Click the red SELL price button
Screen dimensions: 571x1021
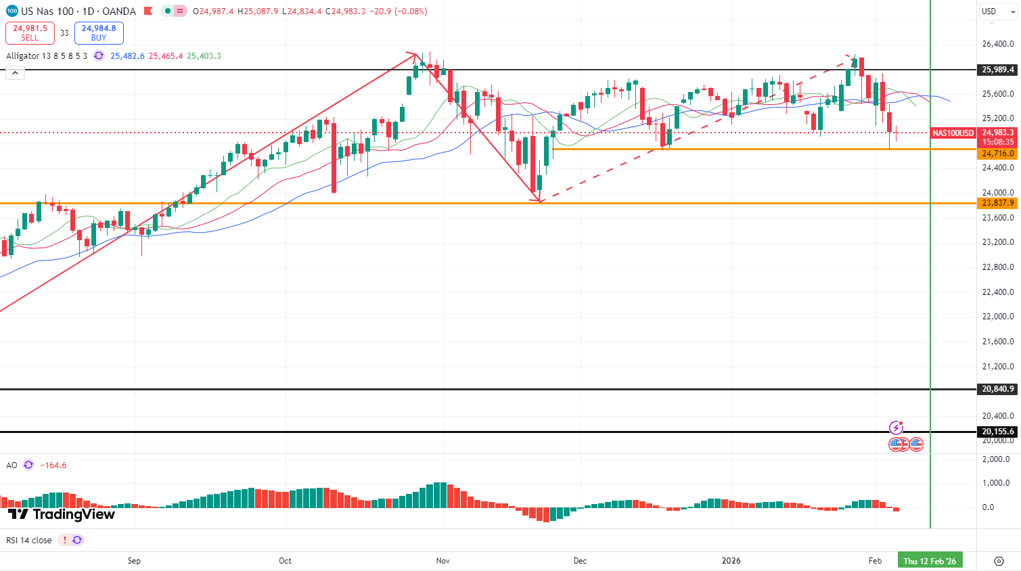(30, 32)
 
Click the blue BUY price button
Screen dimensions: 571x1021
(99, 32)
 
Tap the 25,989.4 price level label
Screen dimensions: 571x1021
(997, 70)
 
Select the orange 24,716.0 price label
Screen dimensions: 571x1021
(997, 154)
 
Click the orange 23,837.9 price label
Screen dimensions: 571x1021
(997, 203)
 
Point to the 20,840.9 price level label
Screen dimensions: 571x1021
(997, 389)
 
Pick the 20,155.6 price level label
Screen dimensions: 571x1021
(997, 432)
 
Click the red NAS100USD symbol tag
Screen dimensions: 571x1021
(953, 133)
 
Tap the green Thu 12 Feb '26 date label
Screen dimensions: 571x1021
(930, 561)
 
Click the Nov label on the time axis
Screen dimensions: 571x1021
(443, 561)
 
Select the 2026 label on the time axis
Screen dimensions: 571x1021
(731, 561)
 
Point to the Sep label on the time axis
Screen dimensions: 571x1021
(134, 561)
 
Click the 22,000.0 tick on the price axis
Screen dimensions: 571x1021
(997, 317)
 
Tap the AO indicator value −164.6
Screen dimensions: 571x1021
(53, 465)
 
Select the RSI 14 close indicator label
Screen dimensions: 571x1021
(29, 541)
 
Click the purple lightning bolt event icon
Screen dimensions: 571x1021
(896, 428)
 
